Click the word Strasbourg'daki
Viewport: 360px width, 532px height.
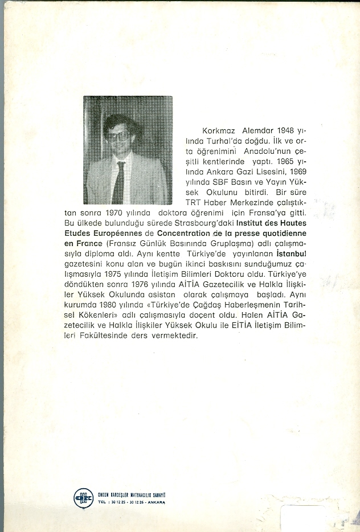pyautogui.click(x=207, y=224)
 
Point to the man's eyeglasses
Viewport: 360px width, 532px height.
pyautogui.click(x=119, y=136)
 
